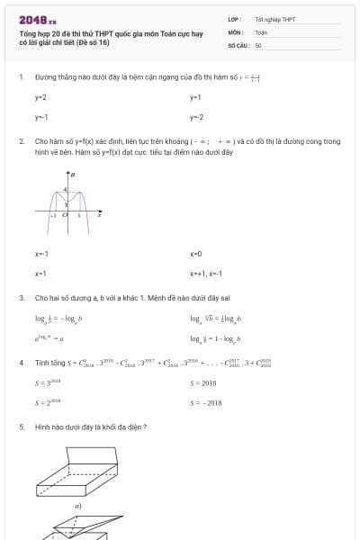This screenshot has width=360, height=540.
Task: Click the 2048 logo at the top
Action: click(x=37, y=19)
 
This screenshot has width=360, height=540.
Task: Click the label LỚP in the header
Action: click(x=234, y=19)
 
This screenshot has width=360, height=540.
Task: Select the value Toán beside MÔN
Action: click(x=262, y=31)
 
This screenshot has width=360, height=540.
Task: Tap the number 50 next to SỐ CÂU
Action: click(x=258, y=44)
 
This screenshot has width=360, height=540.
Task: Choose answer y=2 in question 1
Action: click(x=40, y=96)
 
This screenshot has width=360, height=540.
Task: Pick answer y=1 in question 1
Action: click(x=195, y=96)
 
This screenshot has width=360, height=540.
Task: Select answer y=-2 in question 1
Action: click(x=196, y=117)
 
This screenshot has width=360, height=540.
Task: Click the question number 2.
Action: click(x=21, y=141)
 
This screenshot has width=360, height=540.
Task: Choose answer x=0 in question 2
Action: click(x=196, y=254)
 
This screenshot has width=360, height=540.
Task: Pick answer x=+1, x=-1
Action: click(x=205, y=273)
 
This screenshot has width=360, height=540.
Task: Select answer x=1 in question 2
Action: click(x=40, y=273)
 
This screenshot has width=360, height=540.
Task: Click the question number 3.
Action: click(x=21, y=297)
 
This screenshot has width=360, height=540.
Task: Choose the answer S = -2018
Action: click(x=206, y=403)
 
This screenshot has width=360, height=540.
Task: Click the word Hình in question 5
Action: click(x=41, y=427)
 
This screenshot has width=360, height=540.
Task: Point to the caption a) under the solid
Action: click(x=78, y=506)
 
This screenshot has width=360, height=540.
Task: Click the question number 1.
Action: click(x=21, y=77)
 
